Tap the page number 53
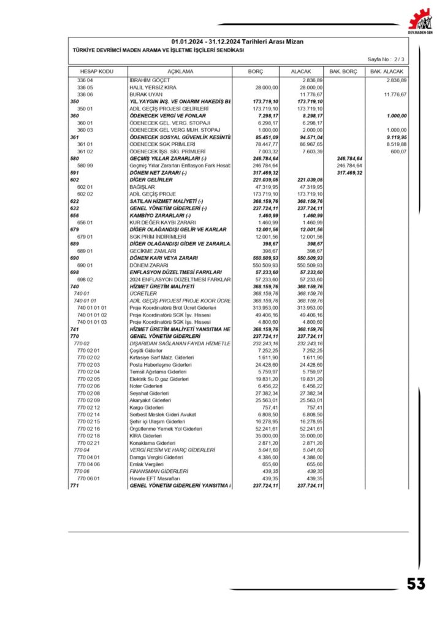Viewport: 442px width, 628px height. pos(416,583)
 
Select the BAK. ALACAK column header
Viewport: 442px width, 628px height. pos(387,72)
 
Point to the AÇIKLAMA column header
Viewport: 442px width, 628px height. pos(180,72)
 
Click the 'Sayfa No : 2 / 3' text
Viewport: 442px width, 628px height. pos(386,59)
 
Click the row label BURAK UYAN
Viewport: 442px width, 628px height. pos(143,94)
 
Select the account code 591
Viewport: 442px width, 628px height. pos(75,173)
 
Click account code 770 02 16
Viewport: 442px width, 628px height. pos(89,429)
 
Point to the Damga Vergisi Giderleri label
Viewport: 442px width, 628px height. pos(156,457)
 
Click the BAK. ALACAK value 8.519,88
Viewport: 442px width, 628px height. pos(394,144)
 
